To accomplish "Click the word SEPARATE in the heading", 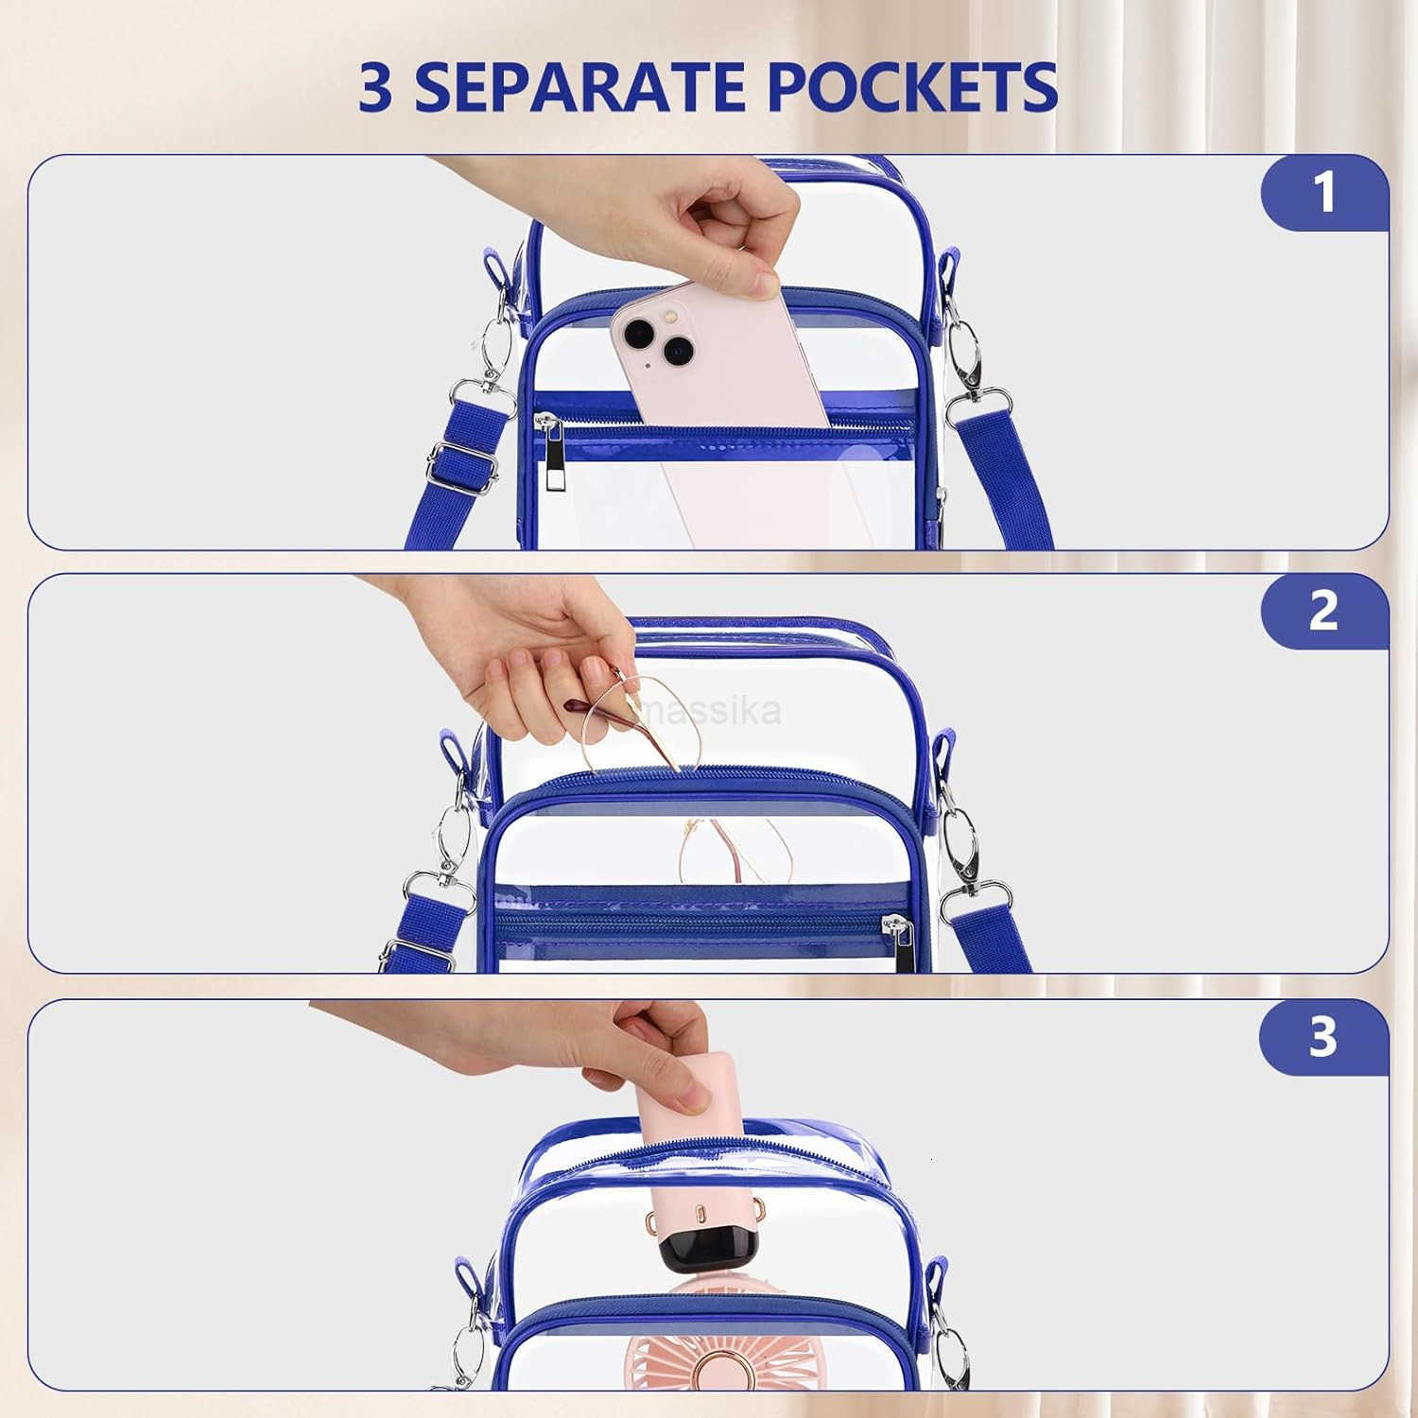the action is [x=578, y=87].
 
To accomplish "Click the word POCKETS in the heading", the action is [x=910, y=87].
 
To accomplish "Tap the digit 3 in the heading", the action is [x=375, y=87].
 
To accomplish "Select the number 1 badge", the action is [x=1324, y=192].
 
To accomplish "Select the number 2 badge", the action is [x=1324, y=611].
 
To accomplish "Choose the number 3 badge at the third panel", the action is [x=1324, y=1037].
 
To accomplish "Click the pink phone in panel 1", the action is [x=718, y=406].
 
